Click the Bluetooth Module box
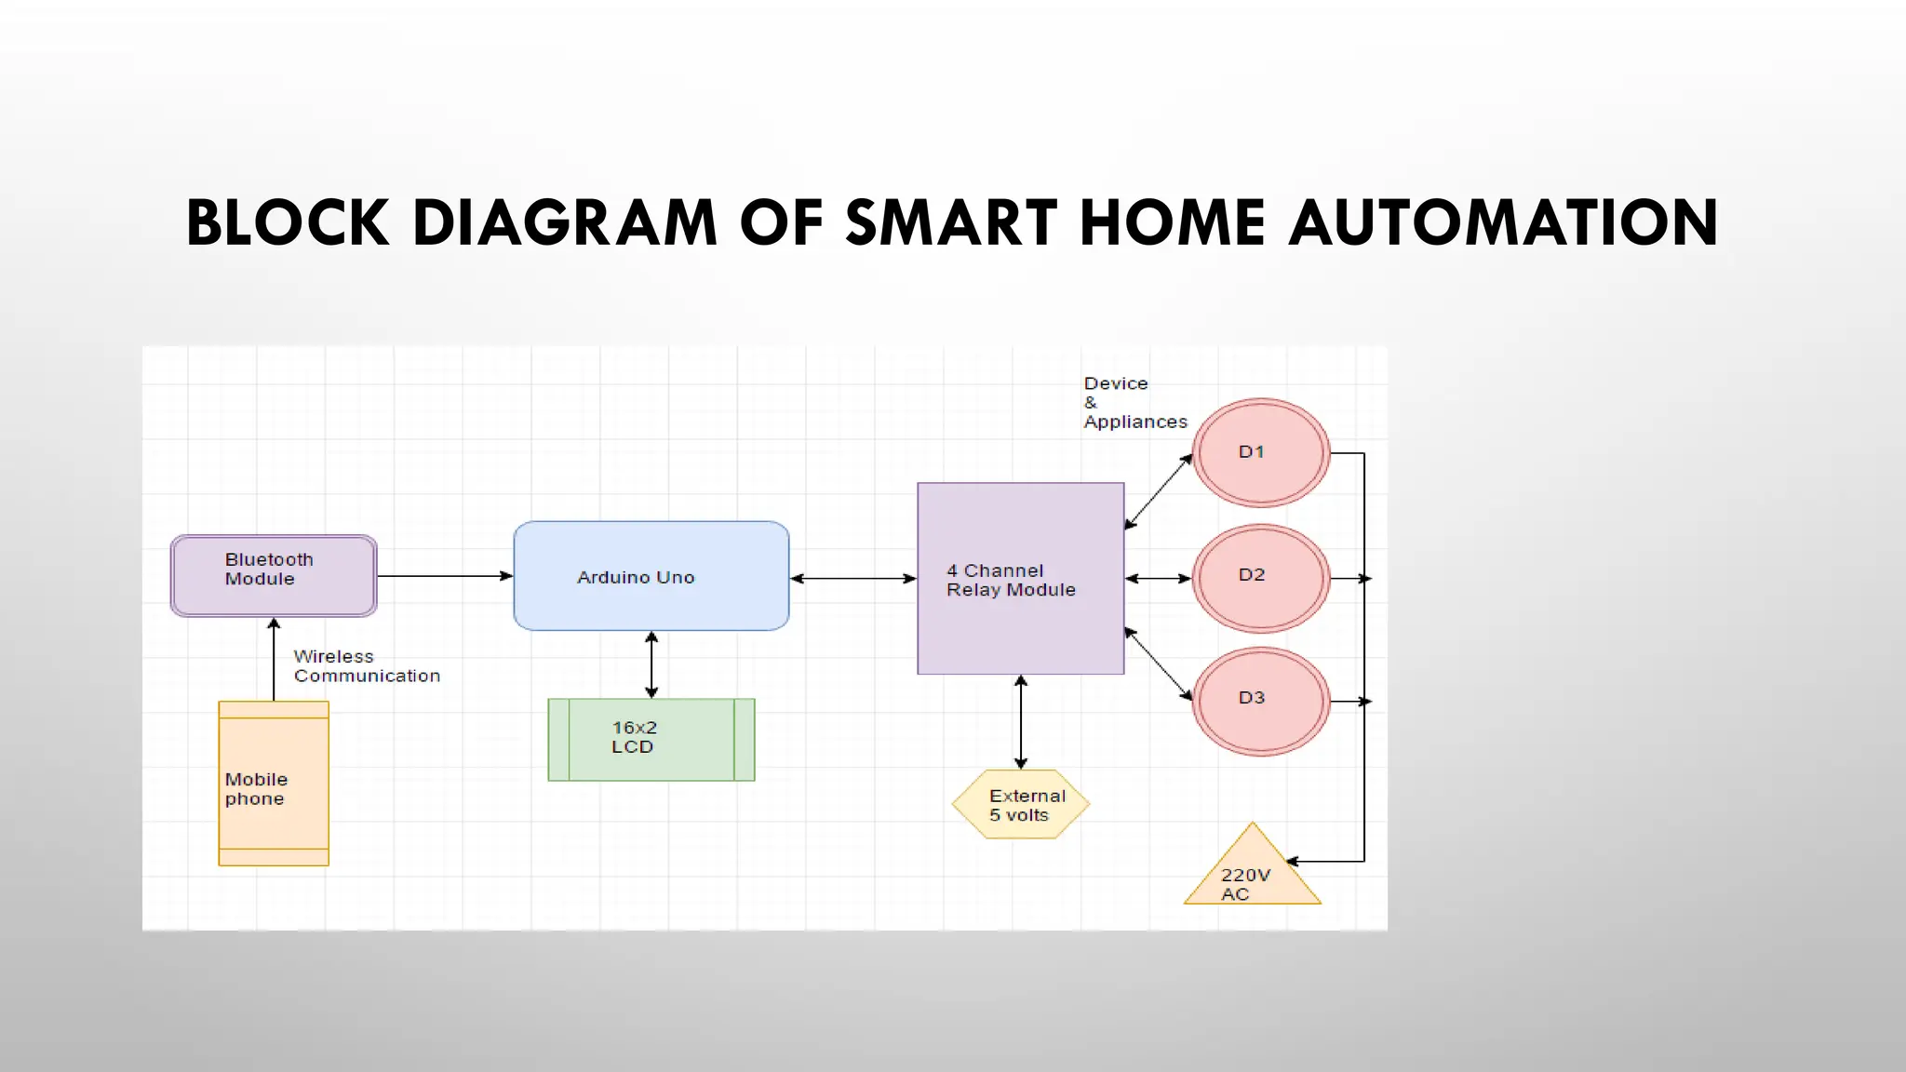pyautogui.click(x=274, y=576)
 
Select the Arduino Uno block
pyautogui.click(x=651, y=576)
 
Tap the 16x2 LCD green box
pyautogui.click(x=651, y=740)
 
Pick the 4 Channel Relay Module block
pyautogui.click(x=1020, y=579)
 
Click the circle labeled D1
pyautogui.click(x=1261, y=453)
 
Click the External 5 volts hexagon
pyautogui.click(x=1021, y=805)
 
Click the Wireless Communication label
pyautogui.click(x=366, y=666)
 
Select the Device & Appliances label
pyautogui.click(x=1134, y=403)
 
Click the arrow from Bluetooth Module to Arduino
pyautogui.click(x=445, y=576)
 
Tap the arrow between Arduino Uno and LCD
pyautogui.click(x=651, y=664)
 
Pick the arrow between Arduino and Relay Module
pyautogui.click(x=853, y=579)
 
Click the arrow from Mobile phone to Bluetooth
pyautogui.click(x=274, y=660)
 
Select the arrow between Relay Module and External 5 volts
pyautogui.click(x=1021, y=722)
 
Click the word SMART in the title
pyautogui.click(x=950, y=223)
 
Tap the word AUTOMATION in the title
pyautogui.click(x=1503, y=223)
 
